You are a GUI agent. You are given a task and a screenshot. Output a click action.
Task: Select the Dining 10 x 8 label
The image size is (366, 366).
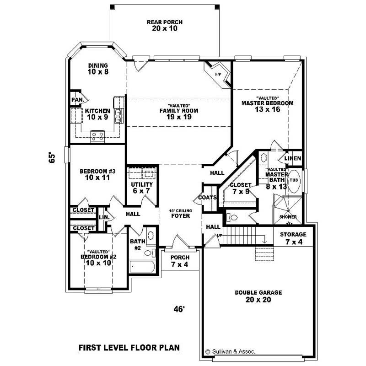pyautogui.click(x=98, y=69)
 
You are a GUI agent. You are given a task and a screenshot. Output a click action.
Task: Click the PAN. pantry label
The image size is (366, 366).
pyautogui.click(x=75, y=100)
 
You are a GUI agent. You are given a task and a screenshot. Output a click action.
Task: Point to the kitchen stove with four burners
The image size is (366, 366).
pyautogui.click(x=97, y=135)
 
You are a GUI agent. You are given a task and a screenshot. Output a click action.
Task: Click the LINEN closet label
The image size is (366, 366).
pyautogui.click(x=293, y=158)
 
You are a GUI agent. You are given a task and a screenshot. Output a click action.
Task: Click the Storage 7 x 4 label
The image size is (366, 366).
pyautogui.click(x=293, y=237)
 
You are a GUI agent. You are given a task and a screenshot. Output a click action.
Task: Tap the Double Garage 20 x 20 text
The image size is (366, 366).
pyautogui.click(x=258, y=296)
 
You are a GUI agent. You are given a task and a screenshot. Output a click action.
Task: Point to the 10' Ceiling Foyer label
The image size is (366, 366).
pyautogui.click(x=180, y=214)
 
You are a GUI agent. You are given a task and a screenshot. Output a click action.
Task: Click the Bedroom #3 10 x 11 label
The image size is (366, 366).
pyautogui.click(x=97, y=174)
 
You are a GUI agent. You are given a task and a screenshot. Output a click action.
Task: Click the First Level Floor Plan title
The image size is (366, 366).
pyautogui.click(x=129, y=347)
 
